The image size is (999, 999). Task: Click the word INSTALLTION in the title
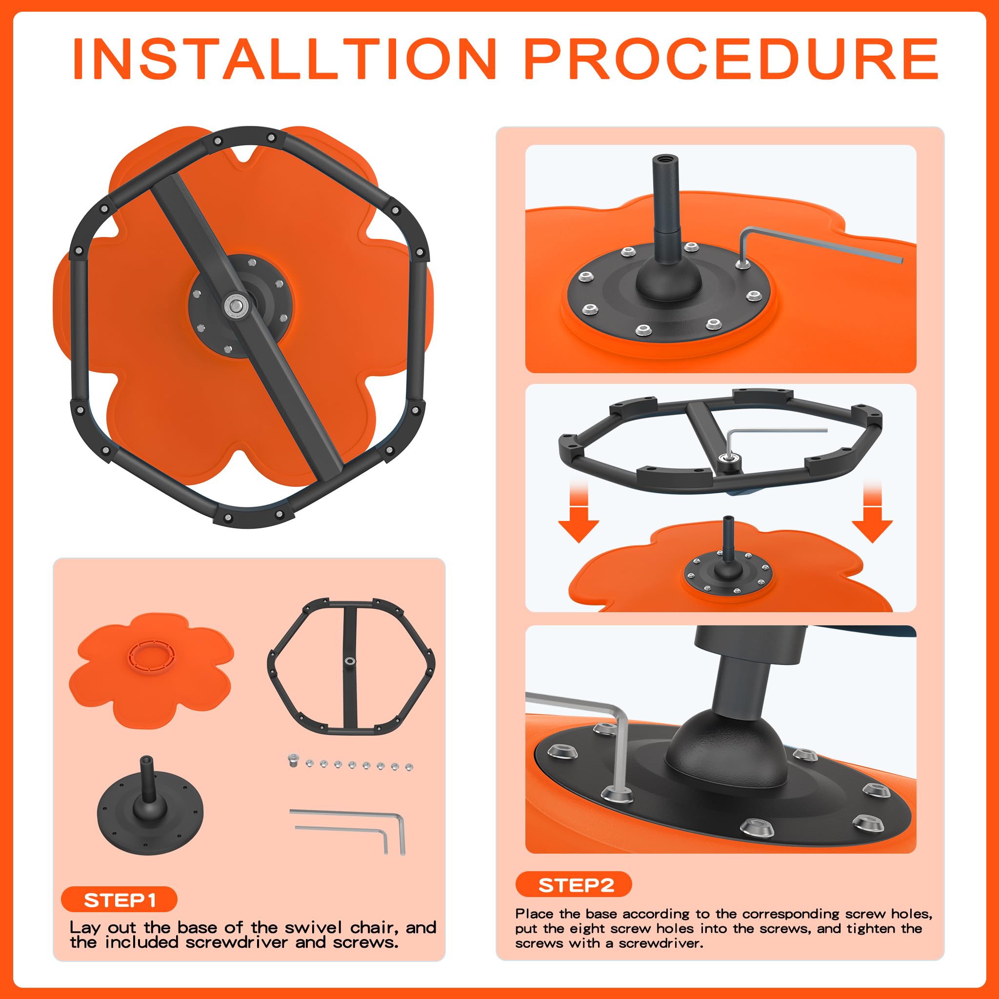click(285, 59)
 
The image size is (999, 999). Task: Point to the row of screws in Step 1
click(351, 763)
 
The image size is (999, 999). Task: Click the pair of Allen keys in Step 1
click(347, 832)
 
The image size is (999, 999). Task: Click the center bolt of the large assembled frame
click(236, 303)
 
